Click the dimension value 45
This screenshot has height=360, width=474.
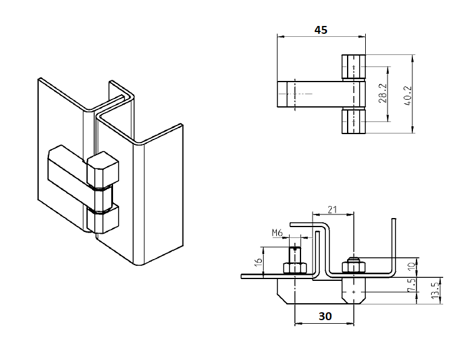click(320, 30)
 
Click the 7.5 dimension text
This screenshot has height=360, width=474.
click(412, 284)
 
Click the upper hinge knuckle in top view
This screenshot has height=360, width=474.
click(353, 67)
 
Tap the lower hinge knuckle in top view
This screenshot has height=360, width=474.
click(353, 121)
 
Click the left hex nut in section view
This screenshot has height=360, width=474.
click(294, 268)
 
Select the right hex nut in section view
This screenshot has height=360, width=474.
click(352, 266)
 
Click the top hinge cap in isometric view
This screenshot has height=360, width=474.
click(103, 170)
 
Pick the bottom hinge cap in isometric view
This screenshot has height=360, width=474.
click(103, 219)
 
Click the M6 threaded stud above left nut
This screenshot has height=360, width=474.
click(294, 253)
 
